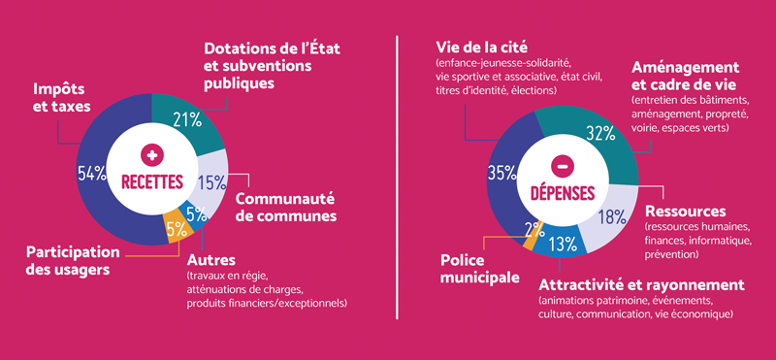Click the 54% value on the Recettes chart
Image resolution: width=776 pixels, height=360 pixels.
coord(91,174)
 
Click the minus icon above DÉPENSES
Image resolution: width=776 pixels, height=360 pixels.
coord(562,167)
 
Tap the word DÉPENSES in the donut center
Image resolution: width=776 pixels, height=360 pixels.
coord(562,192)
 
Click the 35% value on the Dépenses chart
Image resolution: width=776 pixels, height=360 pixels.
coord(502,174)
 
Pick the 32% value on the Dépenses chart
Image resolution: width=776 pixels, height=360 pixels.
coord(602,132)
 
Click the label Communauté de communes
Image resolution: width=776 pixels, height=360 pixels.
coord(285,205)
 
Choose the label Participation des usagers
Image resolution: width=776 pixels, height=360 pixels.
coord(73,260)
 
